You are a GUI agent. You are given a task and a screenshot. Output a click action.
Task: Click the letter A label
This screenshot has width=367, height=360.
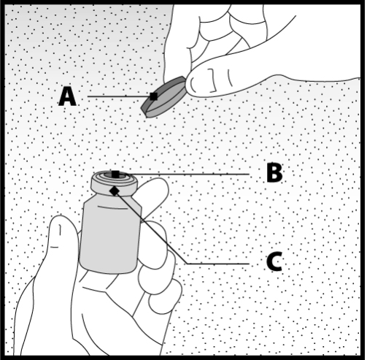click(67, 96)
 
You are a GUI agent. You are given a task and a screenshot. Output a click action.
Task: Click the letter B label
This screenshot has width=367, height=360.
click(274, 172)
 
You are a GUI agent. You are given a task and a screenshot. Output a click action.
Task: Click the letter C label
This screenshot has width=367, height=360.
click(274, 261)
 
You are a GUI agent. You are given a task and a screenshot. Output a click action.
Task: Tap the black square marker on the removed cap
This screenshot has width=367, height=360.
click(153, 96)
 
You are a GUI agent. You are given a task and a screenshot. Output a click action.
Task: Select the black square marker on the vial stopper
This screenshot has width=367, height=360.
click(115, 175)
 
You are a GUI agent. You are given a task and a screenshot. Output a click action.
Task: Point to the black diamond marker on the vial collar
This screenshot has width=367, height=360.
click(115, 191)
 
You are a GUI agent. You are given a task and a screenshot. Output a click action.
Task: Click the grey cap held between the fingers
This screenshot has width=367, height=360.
click(163, 97)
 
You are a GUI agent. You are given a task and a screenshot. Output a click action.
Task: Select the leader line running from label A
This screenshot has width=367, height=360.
click(119, 96)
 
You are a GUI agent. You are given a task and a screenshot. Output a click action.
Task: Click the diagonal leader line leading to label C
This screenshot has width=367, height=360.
click(151, 228)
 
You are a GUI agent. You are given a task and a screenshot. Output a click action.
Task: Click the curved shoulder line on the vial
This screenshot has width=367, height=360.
click(112, 208)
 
